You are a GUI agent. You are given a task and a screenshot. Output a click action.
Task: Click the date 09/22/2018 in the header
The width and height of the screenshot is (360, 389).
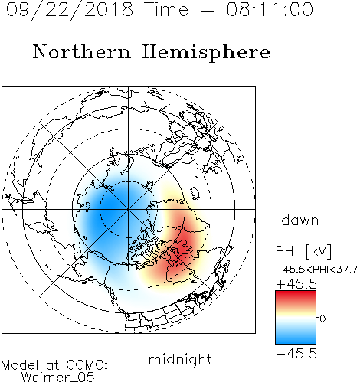tap(70, 9)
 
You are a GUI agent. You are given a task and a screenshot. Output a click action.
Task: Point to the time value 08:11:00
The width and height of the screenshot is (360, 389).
tap(270, 9)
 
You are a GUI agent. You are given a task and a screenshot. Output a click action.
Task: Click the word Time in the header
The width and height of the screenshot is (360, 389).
tap(166, 9)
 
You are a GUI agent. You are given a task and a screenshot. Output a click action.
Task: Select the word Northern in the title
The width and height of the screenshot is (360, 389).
tap(82, 51)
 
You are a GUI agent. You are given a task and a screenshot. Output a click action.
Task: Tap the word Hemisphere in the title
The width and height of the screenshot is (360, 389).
tap(206, 53)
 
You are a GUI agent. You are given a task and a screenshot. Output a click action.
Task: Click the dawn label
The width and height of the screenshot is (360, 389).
tap(299, 221)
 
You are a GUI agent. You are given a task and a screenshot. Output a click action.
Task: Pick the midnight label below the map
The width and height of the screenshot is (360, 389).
tap(180, 359)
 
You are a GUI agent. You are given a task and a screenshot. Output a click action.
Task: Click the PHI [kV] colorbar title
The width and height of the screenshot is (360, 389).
tap(303, 251)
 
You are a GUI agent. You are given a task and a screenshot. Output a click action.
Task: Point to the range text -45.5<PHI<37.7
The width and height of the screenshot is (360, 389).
tap(316, 270)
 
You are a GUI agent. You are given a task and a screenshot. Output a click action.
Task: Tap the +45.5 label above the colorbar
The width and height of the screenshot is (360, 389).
tap(296, 284)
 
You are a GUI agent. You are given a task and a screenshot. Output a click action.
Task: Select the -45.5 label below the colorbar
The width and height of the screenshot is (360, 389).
tap(296, 354)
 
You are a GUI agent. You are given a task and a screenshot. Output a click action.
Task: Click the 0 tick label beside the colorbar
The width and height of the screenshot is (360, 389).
tap(322, 319)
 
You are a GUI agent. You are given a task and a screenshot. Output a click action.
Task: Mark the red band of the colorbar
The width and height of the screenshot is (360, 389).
tap(296, 297)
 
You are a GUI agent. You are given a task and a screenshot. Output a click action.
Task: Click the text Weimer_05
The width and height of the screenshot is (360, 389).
tap(58, 378)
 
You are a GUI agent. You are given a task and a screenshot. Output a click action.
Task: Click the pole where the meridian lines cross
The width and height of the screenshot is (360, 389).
tap(128, 209)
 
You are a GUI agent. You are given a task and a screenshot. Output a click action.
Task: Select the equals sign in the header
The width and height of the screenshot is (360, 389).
tap(208, 10)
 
